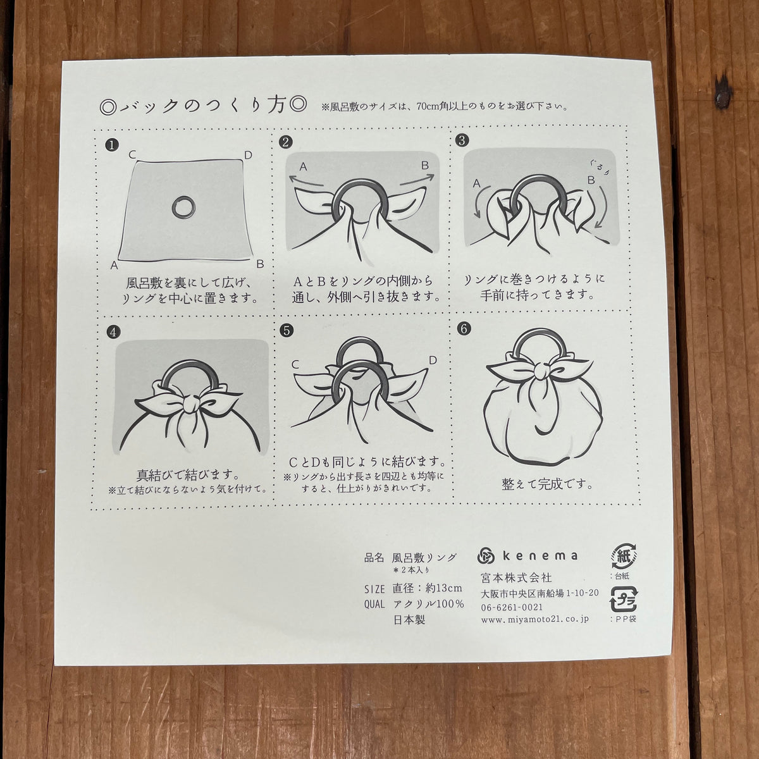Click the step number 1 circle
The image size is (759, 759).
point(112,145)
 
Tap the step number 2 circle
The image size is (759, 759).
point(285,142)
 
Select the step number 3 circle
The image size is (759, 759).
point(462,140)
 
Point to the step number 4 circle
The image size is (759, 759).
point(113,332)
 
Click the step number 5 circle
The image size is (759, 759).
point(287,330)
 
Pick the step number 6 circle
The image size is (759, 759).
point(464,328)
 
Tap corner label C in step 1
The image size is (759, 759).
point(132,155)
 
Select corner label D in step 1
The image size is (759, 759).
point(248,155)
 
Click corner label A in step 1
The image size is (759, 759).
point(114,266)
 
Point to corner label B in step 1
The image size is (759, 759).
point(260,264)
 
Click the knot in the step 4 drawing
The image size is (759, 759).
point(192,404)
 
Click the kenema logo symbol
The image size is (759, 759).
point(486,556)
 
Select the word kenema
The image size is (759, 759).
point(540,556)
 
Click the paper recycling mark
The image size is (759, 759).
point(624,556)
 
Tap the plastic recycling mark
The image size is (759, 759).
point(623,600)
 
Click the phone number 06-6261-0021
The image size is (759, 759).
point(512,607)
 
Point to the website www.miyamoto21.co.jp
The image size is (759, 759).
point(535,620)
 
